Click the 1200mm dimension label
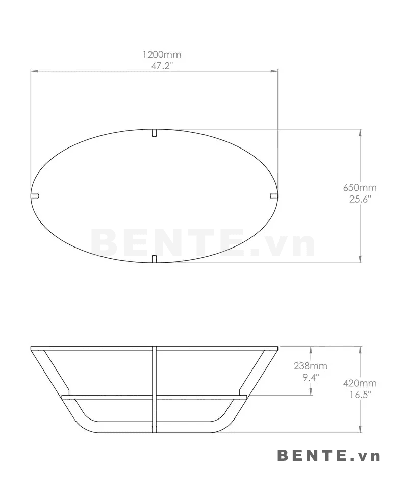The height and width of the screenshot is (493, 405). point(162,55)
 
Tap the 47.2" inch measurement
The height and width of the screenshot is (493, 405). point(162,66)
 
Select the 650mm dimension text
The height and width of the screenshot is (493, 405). point(360,188)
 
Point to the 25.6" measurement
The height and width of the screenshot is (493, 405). point(361,199)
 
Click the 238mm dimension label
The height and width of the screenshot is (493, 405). point(311,366)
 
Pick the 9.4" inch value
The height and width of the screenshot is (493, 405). point(311,377)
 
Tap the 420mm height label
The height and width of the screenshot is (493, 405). point(360,383)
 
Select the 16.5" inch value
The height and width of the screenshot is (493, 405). point(361,395)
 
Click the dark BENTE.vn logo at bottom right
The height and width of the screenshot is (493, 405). point(328,455)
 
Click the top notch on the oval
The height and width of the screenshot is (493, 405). point(154,133)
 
